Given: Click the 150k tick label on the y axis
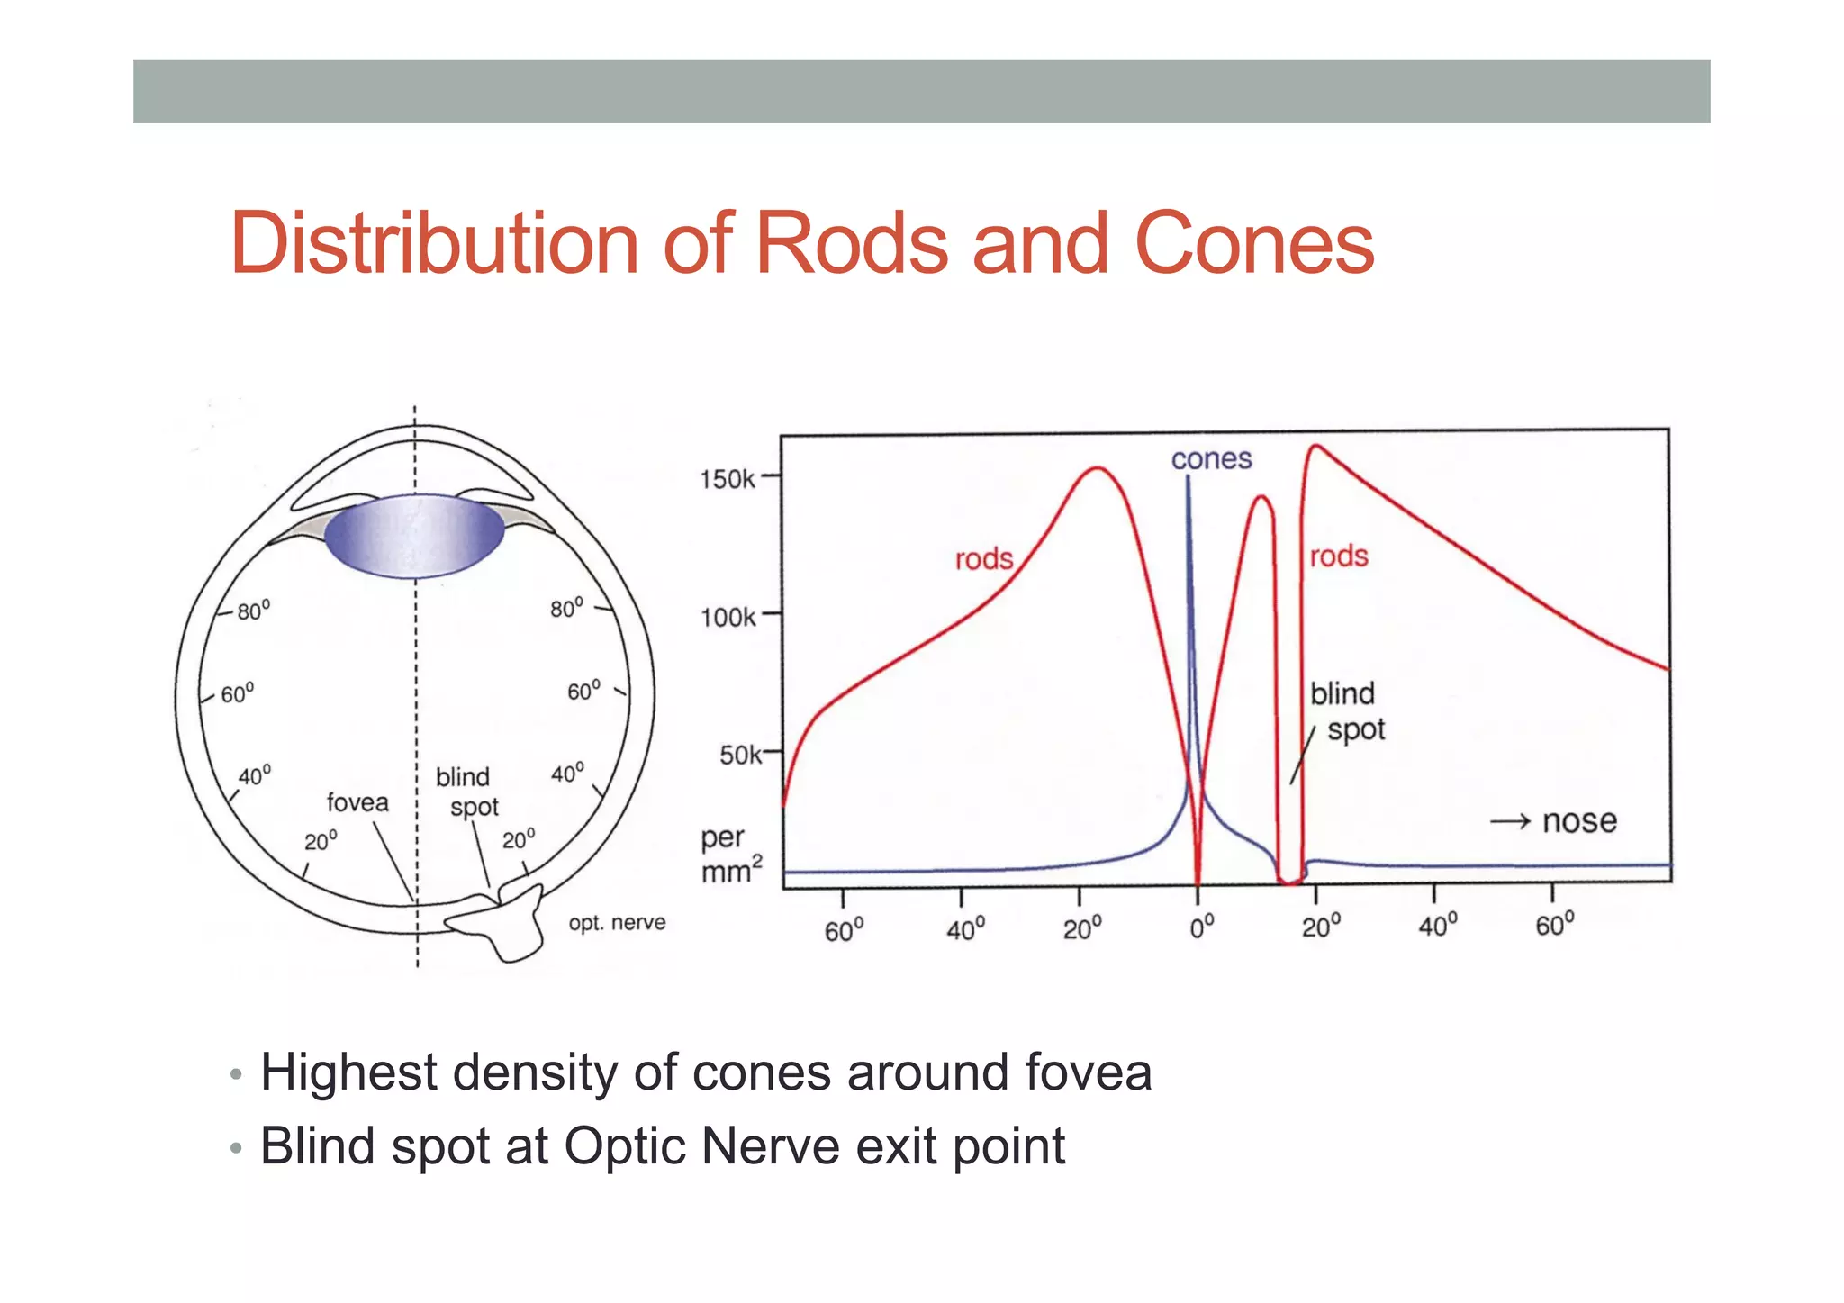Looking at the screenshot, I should [x=728, y=479].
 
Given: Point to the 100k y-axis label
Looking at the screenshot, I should [x=728, y=618].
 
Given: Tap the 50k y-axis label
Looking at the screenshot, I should [x=740, y=755].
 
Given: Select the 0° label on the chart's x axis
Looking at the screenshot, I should [x=1201, y=927].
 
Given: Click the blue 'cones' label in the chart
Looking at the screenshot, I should [x=1211, y=459].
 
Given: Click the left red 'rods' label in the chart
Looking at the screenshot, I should [x=983, y=559].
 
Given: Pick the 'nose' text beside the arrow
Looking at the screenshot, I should [x=1579, y=821].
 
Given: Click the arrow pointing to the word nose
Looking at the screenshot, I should [x=1510, y=821].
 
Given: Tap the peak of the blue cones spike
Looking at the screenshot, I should [x=1188, y=477].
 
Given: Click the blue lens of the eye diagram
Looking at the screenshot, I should [x=414, y=536].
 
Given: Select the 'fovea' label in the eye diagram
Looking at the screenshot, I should [x=357, y=802].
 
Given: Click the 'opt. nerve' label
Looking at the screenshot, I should [x=617, y=923].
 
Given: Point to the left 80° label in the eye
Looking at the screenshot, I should [x=253, y=611].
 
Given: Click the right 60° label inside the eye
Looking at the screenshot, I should [x=583, y=691].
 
